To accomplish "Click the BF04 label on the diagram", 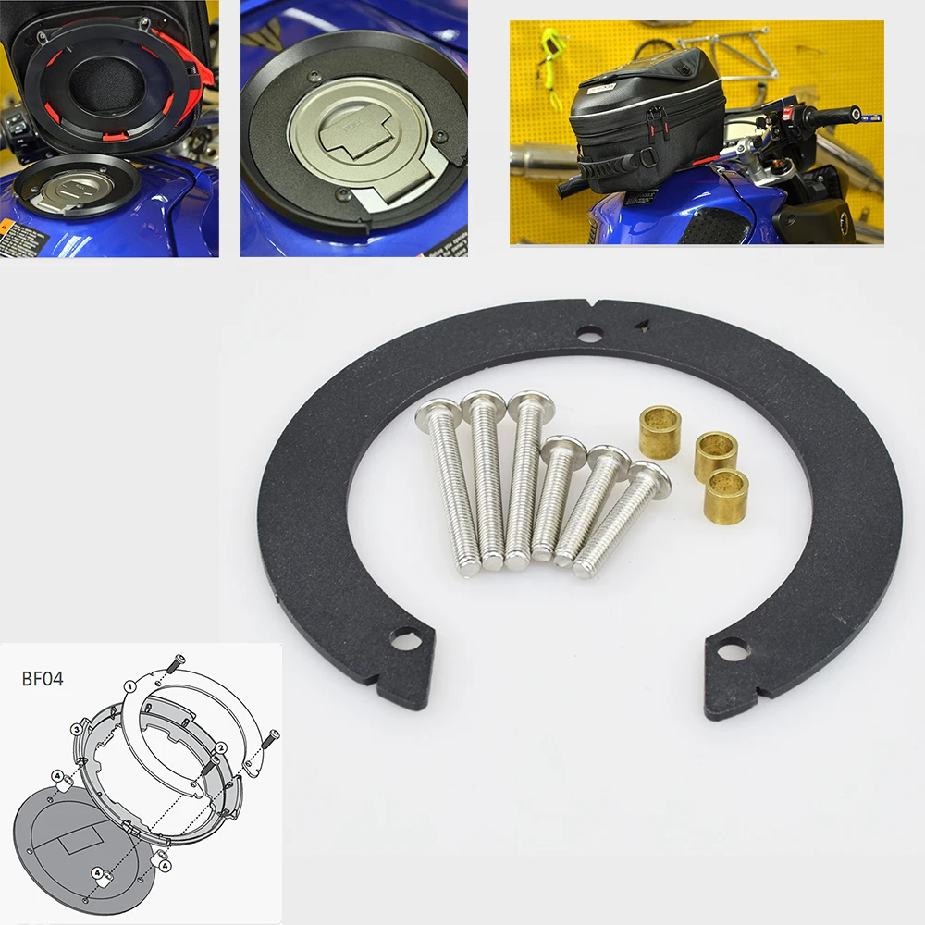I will point(44,677).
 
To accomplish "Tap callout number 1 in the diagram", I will point(130,687).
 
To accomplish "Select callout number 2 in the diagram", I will point(220,747).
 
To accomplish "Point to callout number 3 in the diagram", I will point(77,730).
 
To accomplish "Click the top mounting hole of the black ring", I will point(586,334).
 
